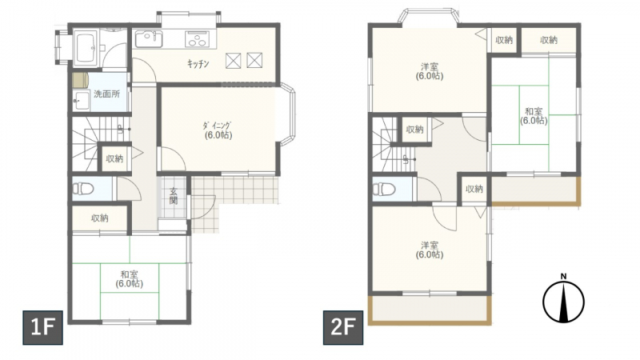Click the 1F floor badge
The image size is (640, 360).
(42, 327)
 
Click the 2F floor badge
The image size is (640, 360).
(343, 327)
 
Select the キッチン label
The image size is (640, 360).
(198, 64)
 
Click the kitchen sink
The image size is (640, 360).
(149, 39)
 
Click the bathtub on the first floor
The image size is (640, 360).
(86, 47)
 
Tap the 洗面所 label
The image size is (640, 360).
(107, 94)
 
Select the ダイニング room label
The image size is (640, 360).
(218, 126)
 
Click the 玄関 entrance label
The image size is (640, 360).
(174, 195)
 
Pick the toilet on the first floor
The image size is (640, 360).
(83, 189)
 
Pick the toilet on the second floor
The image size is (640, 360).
(384, 189)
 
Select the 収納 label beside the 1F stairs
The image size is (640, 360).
(114, 158)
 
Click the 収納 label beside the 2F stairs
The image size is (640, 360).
(415, 130)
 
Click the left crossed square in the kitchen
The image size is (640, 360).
(233, 61)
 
